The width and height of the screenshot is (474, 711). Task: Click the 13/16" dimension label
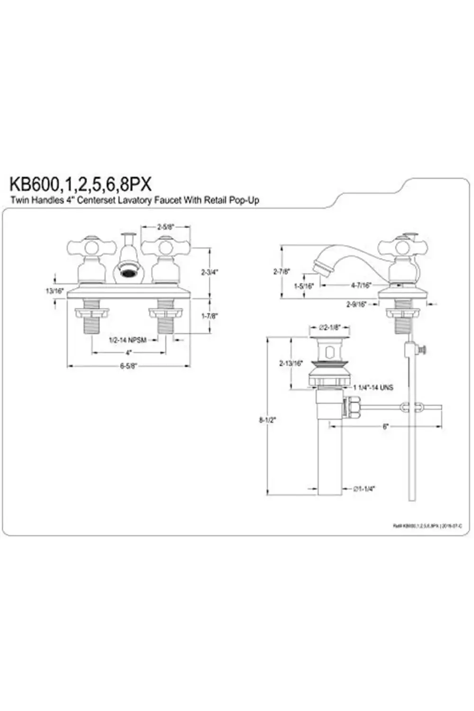coord(55,291)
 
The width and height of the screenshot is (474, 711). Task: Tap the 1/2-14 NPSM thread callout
coord(128,340)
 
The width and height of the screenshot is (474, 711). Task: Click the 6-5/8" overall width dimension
coord(128,365)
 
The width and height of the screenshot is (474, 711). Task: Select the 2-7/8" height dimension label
coord(281,272)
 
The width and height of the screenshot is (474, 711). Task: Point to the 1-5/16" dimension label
coord(304,286)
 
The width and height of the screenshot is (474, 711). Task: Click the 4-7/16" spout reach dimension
coord(361,285)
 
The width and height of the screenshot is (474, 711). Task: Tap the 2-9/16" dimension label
coord(356,305)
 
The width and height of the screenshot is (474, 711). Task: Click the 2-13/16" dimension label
coord(291,364)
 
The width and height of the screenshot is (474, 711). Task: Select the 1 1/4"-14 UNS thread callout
coord(373,387)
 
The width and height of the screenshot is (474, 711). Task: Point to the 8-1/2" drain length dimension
coord(267,419)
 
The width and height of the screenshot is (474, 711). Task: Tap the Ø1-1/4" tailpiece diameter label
coord(364,489)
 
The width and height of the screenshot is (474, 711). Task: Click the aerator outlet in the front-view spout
coord(128,273)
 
